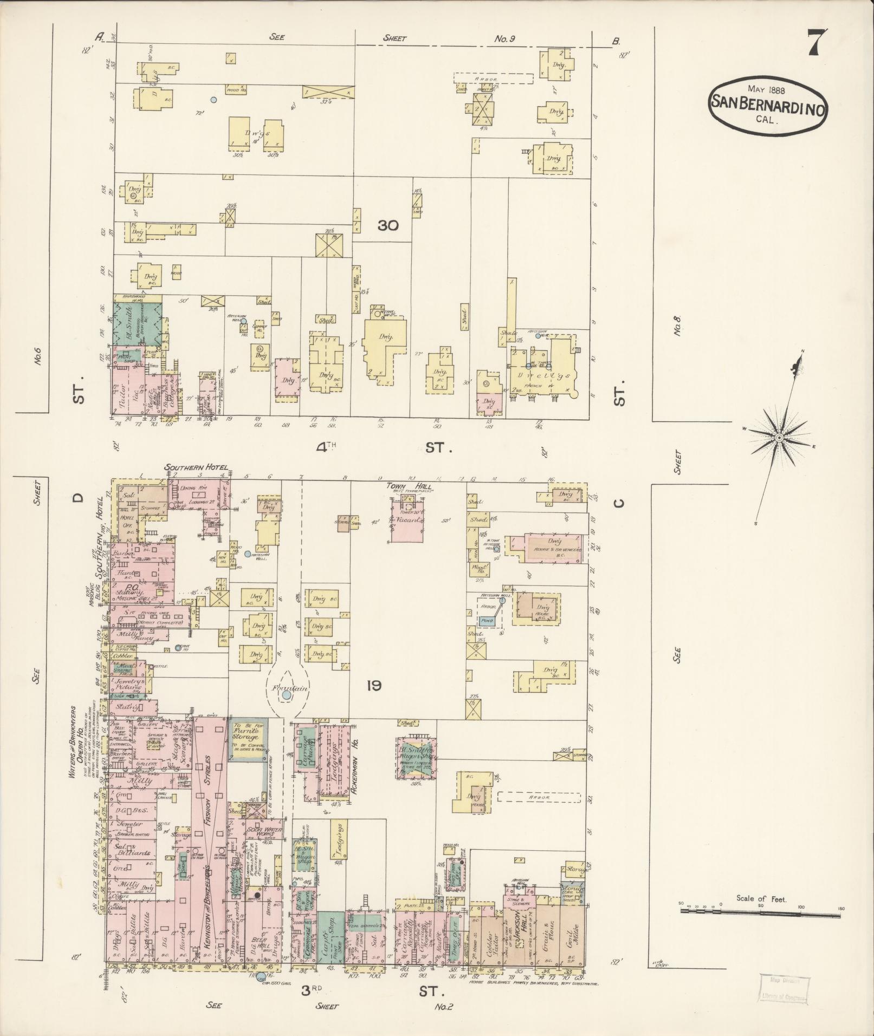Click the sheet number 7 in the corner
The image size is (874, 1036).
817,42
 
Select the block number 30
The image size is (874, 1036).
388,225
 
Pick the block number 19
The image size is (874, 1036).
373,686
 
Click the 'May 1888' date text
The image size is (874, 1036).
766,90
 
